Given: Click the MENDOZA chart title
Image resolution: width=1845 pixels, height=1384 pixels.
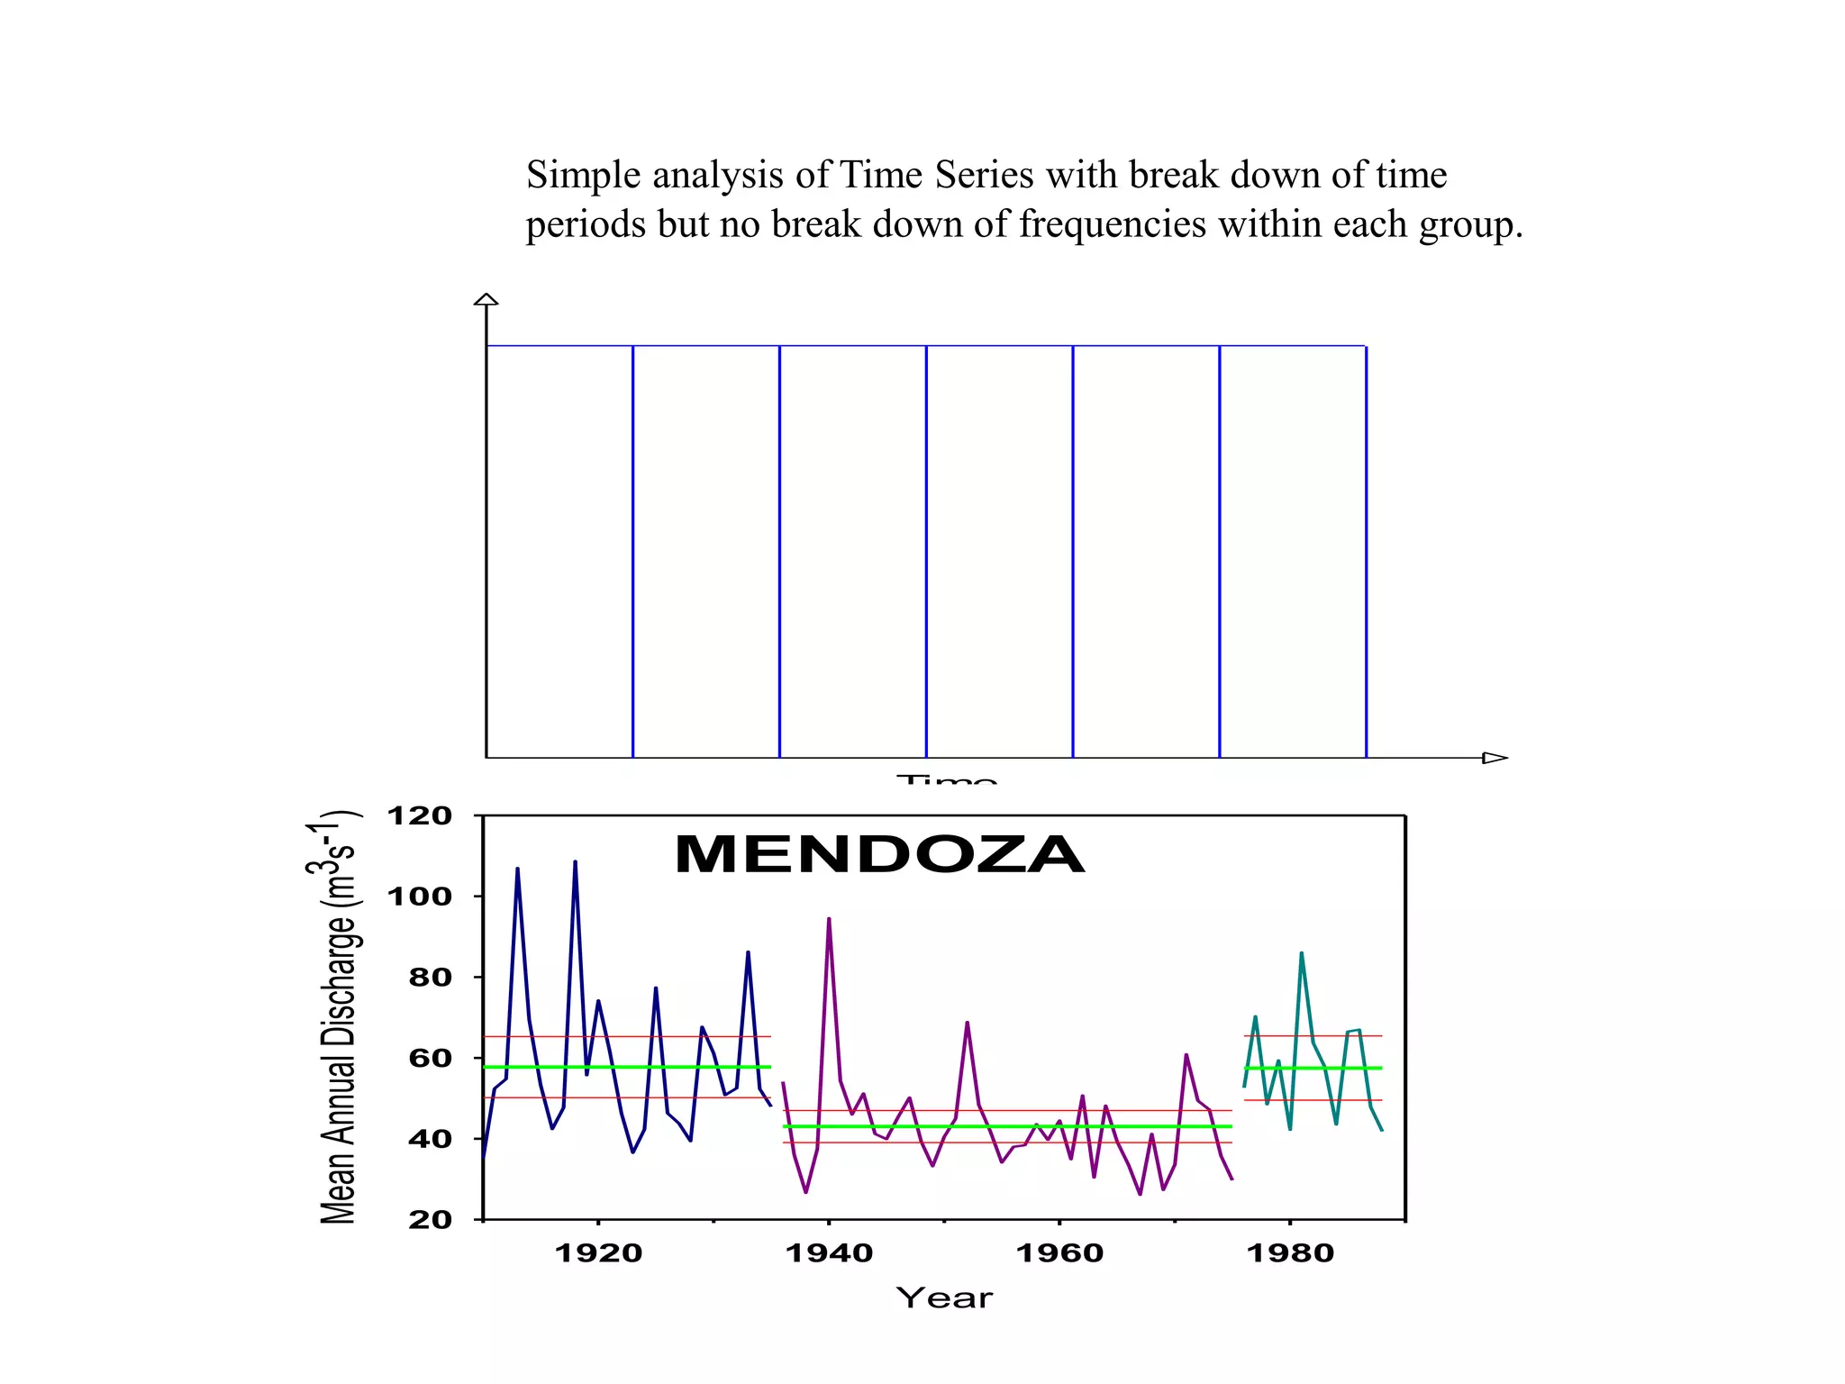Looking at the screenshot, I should click(x=879, y=854).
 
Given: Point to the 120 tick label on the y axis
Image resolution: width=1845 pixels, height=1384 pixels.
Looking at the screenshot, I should click(x=419, y=816).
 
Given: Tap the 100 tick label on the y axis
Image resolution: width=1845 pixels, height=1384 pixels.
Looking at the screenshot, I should click(x=419, y=897).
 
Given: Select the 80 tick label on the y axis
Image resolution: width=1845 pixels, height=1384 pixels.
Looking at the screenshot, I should click(x=430, y=977).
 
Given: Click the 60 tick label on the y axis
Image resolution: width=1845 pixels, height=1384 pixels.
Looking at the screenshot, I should click(x=430, y=1058).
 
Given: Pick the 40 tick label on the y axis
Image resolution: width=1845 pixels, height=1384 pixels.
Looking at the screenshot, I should click(x=430, y=1139).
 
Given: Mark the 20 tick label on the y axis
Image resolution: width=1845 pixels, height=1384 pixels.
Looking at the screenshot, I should click(x=430, y=1220).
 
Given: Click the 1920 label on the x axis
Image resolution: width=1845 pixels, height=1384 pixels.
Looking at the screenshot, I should click(x=598, y=1253).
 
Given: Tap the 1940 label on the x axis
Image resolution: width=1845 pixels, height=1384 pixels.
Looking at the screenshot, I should click(x=829, y=1253).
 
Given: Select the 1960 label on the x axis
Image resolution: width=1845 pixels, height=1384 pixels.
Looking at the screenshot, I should click(x=1059, y=1253).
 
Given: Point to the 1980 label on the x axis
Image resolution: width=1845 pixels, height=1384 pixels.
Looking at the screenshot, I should click(x=1290, y=1253).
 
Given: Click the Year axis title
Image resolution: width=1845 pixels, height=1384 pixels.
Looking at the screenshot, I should click(x=944, y=1298).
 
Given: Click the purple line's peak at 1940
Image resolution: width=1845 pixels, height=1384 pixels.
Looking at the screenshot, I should click(x=829, y=919).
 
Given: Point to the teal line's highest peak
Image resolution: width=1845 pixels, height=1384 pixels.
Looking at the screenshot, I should click(x=1301, y=953).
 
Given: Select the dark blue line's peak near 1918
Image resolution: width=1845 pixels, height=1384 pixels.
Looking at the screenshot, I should click(x=575, y=862).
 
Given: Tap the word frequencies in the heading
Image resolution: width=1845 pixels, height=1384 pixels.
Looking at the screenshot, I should click(x=1112, y=225).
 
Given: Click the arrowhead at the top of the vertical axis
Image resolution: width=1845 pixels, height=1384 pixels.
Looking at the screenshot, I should click(x=486, y=299).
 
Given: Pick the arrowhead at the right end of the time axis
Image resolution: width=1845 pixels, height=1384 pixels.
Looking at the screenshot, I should click(x=1495, y=758).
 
